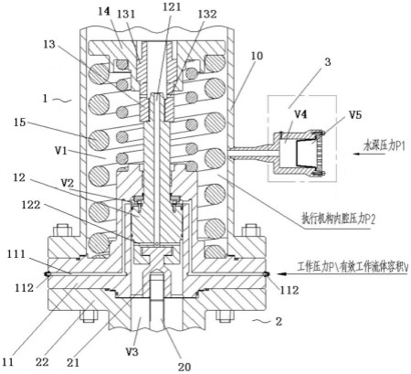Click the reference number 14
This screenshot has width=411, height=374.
click(x=104, y=12)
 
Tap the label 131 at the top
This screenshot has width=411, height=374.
click(x=127, y=15)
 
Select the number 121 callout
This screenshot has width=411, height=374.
click(x=172, y=6)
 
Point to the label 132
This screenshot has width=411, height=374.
click(x=207, y=14)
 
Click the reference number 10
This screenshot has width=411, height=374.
click(x=257, y=56)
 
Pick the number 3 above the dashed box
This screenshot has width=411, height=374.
click(x=328, y=62)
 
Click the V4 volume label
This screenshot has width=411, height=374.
click(x=300, y=115)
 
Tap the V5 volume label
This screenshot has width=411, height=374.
click(x=355, y=115)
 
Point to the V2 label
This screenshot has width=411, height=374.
click(x=68, y=183)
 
